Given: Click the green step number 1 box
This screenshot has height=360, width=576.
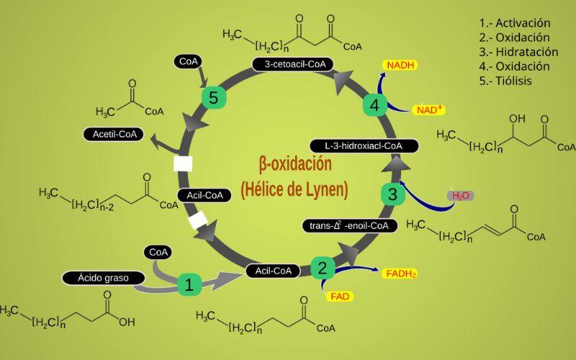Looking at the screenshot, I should tap(189, 284).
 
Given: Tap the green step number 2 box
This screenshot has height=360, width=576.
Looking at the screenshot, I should tap(322, 269).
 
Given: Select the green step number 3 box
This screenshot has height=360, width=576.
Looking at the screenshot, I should tap(392, 194).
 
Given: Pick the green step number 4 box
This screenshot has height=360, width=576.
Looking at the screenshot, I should tap(374, 106).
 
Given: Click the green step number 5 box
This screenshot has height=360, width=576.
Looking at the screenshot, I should tap(212, 97).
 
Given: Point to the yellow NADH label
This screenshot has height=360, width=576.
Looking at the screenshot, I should tap(400, 65).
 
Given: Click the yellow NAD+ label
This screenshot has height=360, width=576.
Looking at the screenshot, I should tap(430, 109).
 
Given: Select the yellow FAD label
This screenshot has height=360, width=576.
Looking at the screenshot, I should tap(340, 295).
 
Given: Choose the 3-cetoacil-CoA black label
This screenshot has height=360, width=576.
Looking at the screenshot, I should tap(293, 64).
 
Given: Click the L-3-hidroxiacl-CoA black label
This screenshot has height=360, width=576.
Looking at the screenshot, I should tap(363, 145).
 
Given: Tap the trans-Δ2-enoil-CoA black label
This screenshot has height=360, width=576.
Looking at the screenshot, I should tap(349, 225).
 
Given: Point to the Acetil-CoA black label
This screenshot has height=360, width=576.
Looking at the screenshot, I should tap(114, 134).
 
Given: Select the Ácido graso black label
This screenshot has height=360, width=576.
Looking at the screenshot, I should tap(99, 277).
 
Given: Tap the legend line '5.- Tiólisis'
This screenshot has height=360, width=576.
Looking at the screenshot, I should tap(505, 81).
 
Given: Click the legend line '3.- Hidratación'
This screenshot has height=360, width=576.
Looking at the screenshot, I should tap(518, 52).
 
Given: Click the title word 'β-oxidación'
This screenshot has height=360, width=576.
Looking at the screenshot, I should tap(296, 163).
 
